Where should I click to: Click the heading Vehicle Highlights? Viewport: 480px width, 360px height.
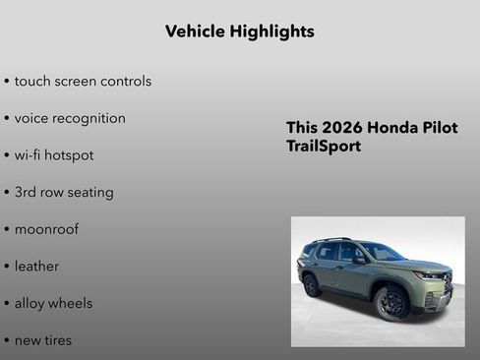239,31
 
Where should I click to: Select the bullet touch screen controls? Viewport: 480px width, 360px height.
83,81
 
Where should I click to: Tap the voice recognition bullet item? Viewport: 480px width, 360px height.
70,118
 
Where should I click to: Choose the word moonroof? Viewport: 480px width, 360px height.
46,229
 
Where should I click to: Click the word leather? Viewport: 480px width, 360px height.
36,267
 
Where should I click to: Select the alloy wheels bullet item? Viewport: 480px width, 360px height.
53,303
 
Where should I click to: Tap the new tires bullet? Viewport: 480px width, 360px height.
42,340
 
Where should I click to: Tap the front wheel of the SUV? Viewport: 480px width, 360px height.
391,303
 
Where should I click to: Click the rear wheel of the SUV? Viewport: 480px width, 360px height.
313,285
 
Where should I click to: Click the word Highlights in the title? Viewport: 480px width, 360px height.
271,31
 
